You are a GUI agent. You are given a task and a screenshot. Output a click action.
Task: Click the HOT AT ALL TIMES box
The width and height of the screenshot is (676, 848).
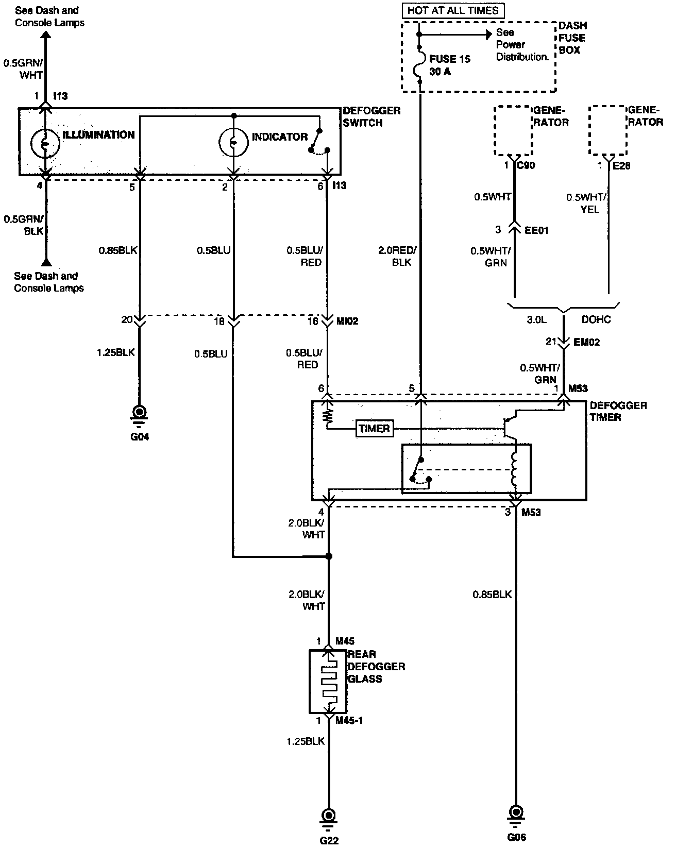pos(453,10)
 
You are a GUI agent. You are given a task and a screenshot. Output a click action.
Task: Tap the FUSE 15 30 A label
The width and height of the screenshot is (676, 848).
pos(450,65)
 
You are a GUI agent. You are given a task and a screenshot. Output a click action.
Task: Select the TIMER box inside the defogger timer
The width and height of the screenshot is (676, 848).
pos(374,428)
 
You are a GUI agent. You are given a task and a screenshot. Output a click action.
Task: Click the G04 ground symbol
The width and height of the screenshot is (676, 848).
pos(139,416)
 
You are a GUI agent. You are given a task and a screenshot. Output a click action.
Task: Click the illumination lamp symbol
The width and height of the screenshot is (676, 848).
pos(45,143)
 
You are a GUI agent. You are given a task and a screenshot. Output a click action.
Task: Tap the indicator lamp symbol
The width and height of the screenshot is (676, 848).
pos(234,142)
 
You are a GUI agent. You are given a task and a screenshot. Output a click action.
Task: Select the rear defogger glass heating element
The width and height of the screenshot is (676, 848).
pos(328,682)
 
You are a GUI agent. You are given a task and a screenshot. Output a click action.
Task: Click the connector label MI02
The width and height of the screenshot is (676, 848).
pos(347,321)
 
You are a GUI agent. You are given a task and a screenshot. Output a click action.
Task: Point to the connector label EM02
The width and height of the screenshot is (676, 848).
pos(586,342)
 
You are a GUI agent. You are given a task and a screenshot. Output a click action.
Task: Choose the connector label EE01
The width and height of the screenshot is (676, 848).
pos(536,230)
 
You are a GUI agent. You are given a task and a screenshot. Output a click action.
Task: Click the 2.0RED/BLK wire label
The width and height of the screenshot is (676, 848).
pos(397,256)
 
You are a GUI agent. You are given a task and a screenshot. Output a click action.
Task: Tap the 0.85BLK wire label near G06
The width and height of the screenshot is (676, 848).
pos(492,594)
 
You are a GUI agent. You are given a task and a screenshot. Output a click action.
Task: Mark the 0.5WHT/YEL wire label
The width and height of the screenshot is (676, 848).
pos(586,203)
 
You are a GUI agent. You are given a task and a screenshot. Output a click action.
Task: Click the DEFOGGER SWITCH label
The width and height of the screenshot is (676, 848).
pos(371,116)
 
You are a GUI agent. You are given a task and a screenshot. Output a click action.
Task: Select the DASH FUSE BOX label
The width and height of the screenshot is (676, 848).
pos(572,38)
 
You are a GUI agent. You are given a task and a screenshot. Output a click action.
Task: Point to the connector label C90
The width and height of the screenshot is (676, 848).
pos(526,165)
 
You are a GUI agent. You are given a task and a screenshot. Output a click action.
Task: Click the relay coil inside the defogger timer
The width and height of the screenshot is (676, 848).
pos(514,469)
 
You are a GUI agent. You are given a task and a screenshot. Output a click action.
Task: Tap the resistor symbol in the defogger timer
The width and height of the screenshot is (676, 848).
pos(328,417)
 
